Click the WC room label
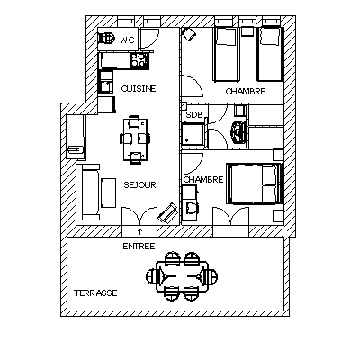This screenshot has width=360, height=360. point(128,40)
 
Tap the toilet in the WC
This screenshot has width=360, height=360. point(106,39)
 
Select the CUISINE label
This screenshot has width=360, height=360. point(139,89)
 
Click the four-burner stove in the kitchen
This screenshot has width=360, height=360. point(139,59)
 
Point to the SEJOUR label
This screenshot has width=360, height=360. point(140,184)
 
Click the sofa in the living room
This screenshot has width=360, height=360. point(88,192)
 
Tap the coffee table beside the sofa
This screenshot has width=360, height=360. point(108,193)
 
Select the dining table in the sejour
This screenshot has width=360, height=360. point(136,139)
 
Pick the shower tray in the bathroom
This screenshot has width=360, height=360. point(193,134)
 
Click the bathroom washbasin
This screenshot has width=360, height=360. point(238,132)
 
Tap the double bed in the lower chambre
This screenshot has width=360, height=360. point(255,184)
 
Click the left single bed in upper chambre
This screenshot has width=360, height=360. point(227,54)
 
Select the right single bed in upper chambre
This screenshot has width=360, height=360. point(270,54)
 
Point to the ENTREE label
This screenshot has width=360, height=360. point(139,247)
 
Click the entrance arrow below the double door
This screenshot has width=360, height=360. point(139,231)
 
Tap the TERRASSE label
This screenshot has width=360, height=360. point(95,292)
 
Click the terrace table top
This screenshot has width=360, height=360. point(183,276)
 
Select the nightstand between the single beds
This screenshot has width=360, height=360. point(248,31)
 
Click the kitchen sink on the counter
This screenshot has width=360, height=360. point(105,85)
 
